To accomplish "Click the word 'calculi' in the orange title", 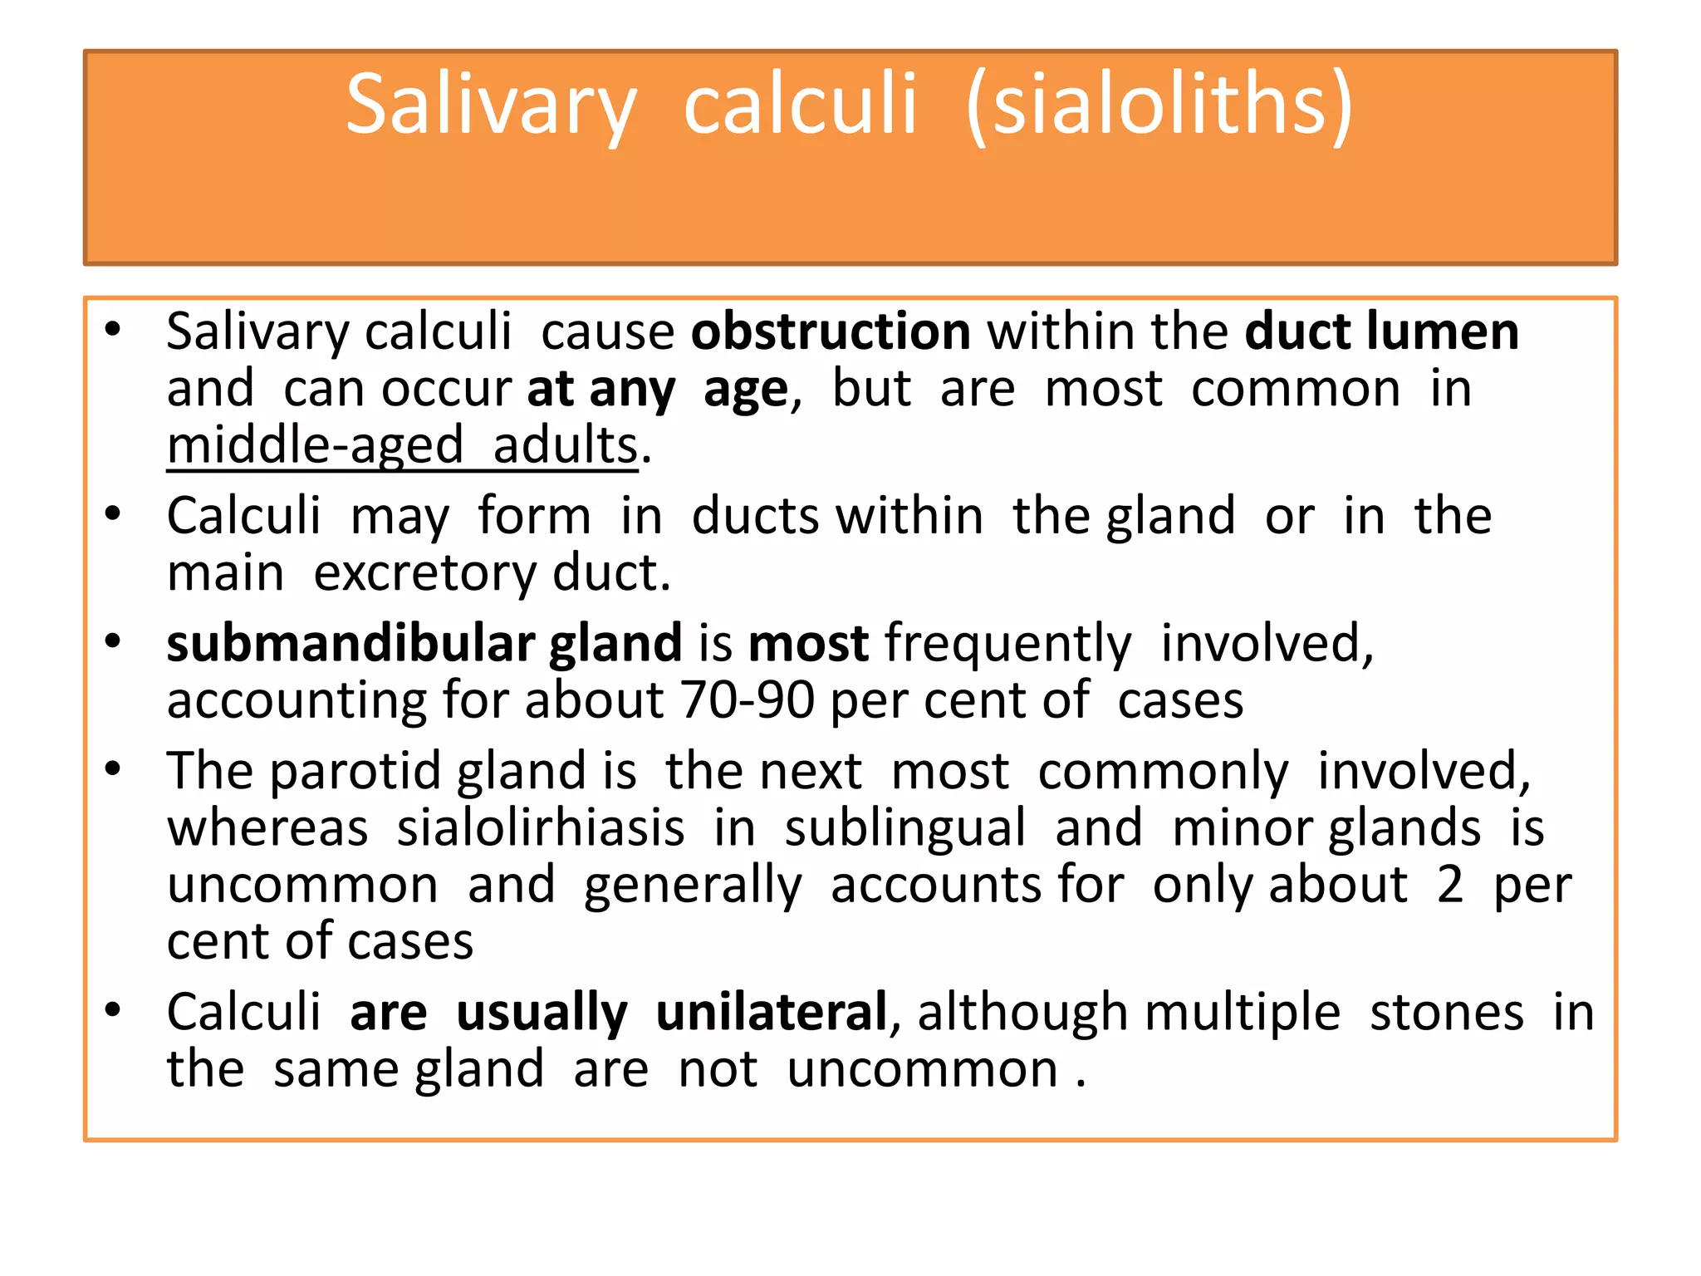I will [x=800, y=105].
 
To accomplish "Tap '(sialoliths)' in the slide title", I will [x=1159, y=105].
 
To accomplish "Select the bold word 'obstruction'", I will [x=831, y=331].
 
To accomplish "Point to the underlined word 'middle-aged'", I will [x=315, y=446].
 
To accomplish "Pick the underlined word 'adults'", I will [x=566, y=446].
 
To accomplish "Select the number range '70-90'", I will [x=747, y=700].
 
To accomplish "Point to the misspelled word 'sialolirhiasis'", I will [x=541, y=828].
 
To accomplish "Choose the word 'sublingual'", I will [x=905, y=828].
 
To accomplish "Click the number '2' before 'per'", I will [x=1450, y=885].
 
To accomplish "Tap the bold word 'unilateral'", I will [x=772, y=1013].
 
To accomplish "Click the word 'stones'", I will [x=1447, y=1013].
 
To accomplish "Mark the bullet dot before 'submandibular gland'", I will [x=113, y=640].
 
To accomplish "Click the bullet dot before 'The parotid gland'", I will [x=113, y=768].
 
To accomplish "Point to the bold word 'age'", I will [x=745, y=390].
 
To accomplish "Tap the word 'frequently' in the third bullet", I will [x=1007, y=644].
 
